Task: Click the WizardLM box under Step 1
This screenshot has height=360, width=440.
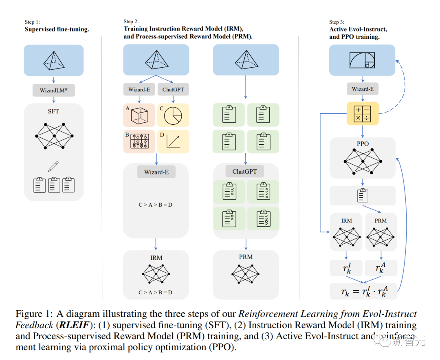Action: pos(54,90)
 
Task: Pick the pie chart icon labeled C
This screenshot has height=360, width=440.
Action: pos(174,116)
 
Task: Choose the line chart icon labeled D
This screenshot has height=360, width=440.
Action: pos(174,141)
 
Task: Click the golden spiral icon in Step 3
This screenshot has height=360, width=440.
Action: pos(362,60)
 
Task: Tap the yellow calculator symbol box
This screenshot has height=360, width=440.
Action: pos(362,114)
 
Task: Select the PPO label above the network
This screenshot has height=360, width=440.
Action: pos(362,144)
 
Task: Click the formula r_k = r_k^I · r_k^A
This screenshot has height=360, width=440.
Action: pos(363,292)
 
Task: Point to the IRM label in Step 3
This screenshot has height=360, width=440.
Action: pos(346,221)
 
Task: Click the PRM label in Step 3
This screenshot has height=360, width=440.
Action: pos(380,221)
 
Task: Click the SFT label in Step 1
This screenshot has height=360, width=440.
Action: pos(54,111)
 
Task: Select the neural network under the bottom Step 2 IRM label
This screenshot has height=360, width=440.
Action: pos(156,274)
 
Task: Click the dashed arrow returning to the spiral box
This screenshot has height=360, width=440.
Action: pos(401,88)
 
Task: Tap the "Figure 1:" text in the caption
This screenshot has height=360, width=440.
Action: pos(34,314)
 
